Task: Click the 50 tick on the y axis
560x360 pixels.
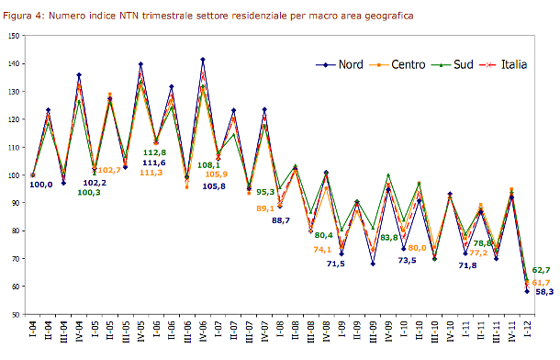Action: click(15, 314)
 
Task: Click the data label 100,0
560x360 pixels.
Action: click(41, 185)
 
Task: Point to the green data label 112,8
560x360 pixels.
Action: click(154, 152)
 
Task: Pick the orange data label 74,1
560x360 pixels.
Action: click(322, 249)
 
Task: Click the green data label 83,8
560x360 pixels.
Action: click(388, 237)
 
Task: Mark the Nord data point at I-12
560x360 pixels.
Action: click(527, 291)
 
